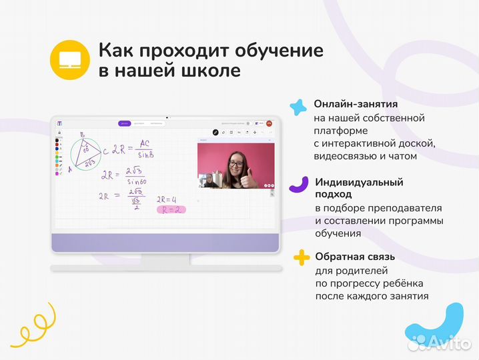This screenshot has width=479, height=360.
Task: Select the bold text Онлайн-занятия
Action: coord(356,105)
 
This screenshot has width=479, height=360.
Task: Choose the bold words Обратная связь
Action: coord(355,257)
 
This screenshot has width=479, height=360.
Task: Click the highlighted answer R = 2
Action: coord(169,209)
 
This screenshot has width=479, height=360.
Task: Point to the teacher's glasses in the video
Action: coord(235,161)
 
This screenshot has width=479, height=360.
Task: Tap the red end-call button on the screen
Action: coord(270,123)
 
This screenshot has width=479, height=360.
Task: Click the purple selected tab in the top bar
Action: coord(123,123)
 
